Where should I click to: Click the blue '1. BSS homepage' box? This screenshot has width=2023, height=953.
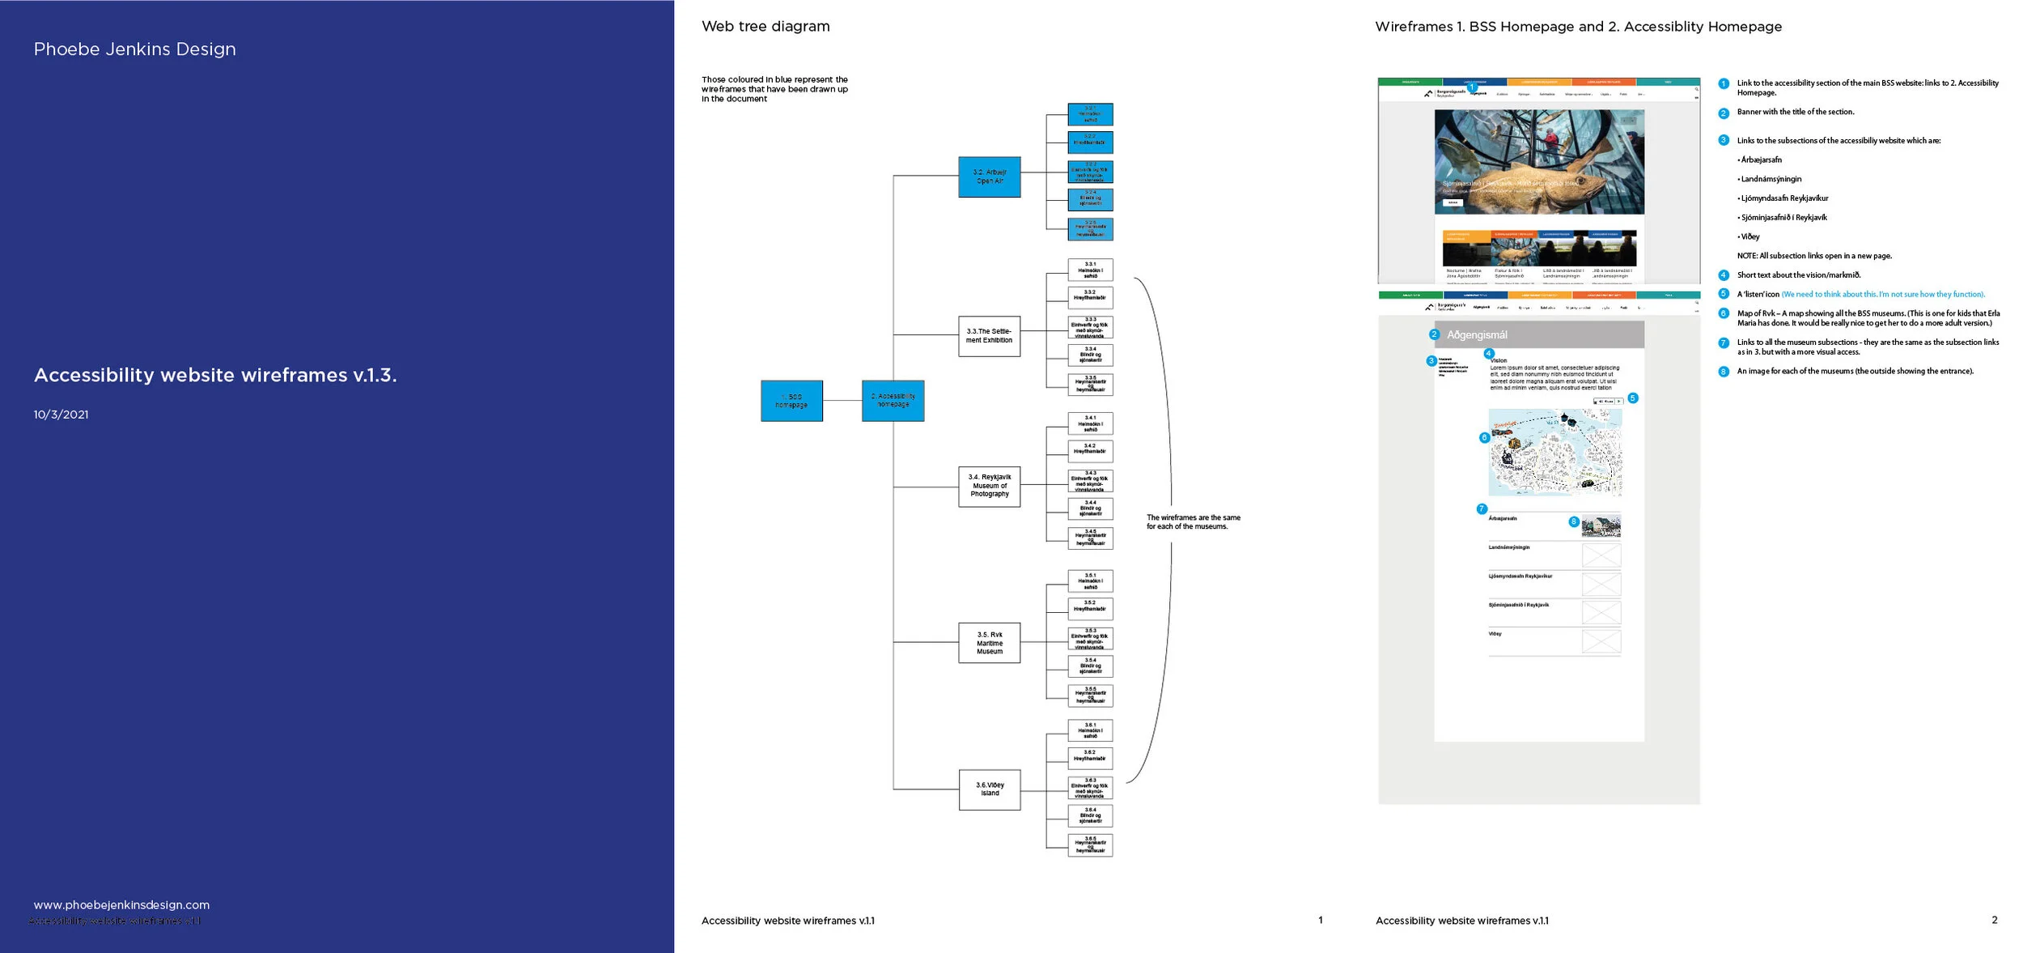click(791, 401)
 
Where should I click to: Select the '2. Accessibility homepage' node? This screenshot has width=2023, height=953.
click(893, 401)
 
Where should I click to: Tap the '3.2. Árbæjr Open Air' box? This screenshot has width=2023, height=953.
click(989, 177)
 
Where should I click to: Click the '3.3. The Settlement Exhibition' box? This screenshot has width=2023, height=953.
click(989, 336)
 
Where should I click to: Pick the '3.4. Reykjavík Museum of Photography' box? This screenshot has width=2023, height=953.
click(989, 486)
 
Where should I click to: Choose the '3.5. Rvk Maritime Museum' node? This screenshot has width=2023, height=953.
click(989, 643)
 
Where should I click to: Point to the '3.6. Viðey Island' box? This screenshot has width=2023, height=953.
click(989, 789)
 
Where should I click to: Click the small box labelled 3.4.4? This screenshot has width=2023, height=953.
click(1090, 508)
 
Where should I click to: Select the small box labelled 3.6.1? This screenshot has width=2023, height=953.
click(1090, 730)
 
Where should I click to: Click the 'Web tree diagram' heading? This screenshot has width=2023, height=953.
click(765, 26)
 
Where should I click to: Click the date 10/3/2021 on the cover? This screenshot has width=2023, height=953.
click(61, 415)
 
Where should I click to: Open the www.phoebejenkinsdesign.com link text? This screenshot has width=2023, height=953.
click(121, 904)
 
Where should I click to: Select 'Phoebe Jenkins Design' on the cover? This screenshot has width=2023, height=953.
click(134, 49)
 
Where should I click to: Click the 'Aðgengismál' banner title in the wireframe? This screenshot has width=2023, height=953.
click(1477, 334)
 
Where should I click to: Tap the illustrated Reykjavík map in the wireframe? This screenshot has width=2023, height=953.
click(1554, 452)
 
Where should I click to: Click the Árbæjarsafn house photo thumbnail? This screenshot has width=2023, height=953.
click(1601, 527)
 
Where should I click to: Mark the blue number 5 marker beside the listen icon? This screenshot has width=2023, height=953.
click(1632, 398)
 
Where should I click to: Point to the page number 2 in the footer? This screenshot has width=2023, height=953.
click(1994, 920)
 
